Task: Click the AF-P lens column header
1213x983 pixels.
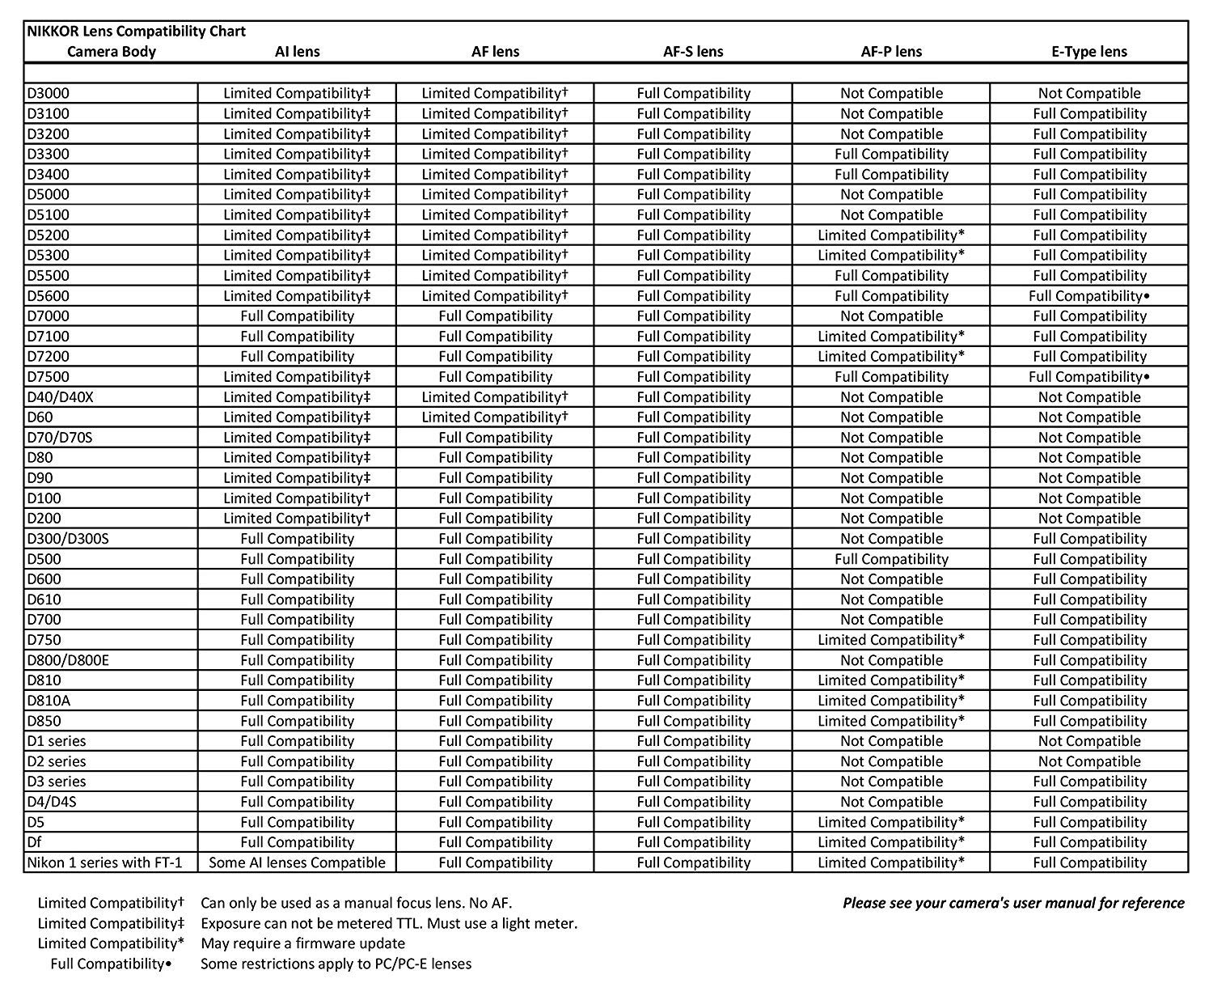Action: pos(891,52)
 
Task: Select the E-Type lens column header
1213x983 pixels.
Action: pos(1089,52)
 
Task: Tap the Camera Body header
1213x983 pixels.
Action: pos(112,52)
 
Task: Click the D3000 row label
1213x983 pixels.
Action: pos(49,94)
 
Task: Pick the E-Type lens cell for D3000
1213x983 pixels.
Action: pos(1089,94)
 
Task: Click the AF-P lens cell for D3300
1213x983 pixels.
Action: pos(891,155)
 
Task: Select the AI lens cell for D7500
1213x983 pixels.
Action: pos(297,377)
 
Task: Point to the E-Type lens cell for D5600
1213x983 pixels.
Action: pos(1089,296)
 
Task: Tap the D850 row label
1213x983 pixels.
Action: pos(44,721)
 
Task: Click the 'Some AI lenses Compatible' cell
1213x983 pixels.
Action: pos(297,862)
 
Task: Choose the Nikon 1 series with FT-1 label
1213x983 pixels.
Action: pos(105,862)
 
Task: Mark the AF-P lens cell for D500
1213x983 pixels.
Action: pos(891,559)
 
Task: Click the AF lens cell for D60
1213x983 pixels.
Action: pos(495,417)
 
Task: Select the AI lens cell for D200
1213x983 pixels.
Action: pos(297,519)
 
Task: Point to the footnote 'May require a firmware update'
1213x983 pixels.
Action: pos(302,943)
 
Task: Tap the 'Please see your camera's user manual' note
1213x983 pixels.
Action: pos(1013,903)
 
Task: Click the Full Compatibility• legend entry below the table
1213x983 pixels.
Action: pos(112,964)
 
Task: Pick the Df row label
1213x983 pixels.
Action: pos(34,842)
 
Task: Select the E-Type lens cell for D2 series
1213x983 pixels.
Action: pos(1089,761)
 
